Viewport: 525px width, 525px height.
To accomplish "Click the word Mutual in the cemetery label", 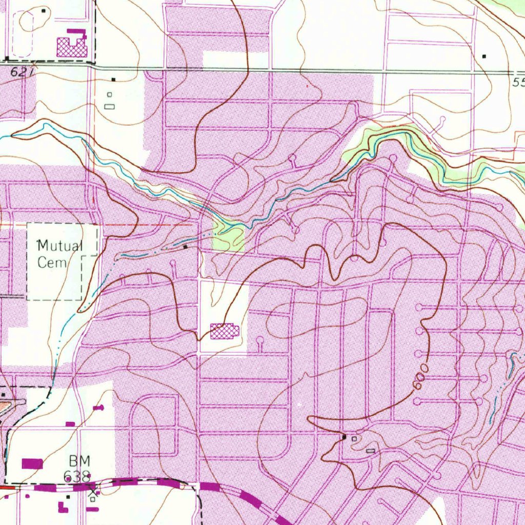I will pos(60,246).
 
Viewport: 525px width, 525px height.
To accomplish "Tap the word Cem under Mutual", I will pos(52,262).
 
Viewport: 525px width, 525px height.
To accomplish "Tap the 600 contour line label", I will pos(419,378).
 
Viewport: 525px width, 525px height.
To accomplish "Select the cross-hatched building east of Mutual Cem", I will pos(225,331).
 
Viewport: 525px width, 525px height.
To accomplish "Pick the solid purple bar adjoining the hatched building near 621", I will pos(76,31).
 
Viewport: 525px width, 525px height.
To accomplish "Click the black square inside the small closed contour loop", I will pos(44,11).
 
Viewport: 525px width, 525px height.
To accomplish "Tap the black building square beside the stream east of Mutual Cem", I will pos(186,247).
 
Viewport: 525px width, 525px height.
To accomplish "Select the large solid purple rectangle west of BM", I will pos(32,463).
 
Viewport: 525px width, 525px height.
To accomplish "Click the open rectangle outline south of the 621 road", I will pos(109,106).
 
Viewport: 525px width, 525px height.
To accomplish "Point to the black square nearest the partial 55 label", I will pos(484,56).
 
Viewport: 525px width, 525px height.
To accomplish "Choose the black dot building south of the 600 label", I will pos(345,437).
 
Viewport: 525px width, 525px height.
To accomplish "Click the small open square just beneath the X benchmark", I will pos(93,499).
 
